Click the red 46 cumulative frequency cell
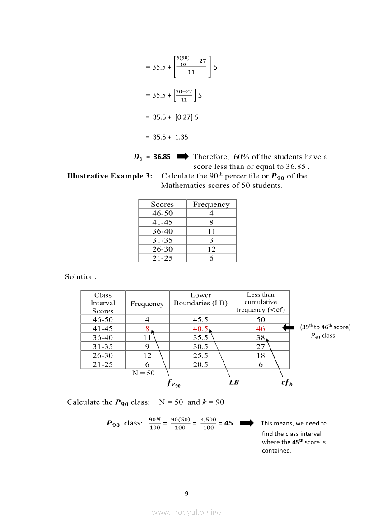click(261, 329)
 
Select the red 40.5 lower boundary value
click(200, 329)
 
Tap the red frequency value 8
click(147, 329)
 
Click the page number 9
click(186, 493)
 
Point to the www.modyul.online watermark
click(186, 512)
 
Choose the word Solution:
click(81, 276)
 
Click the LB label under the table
click(234, 383)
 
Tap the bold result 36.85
click(162, 157)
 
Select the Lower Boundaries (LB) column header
click(200, 299)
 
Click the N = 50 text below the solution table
click(144, 373)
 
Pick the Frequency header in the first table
click(211, 204)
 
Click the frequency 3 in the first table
click(211, 240)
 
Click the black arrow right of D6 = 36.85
click(182, 157)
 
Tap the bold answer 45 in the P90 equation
click(228, 424)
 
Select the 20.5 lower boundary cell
click(200, 364)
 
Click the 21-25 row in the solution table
click(103, 364)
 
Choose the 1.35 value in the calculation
click(182, 137)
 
